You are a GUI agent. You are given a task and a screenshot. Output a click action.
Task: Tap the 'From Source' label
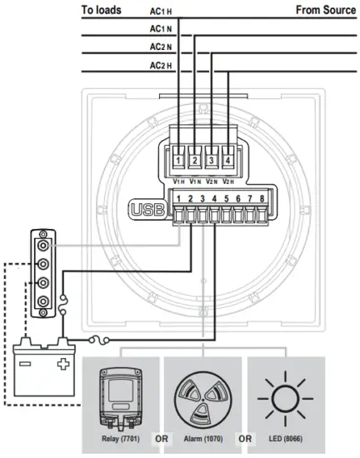click(325, 10)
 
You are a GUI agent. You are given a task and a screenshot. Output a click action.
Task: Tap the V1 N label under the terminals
click(195, 180)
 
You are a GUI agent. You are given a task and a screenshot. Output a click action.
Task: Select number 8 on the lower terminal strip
click(262, 198)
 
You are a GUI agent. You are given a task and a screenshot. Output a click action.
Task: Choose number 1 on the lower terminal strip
click(180, 198)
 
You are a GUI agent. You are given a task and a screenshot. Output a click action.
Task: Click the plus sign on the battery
click(62, 365)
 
